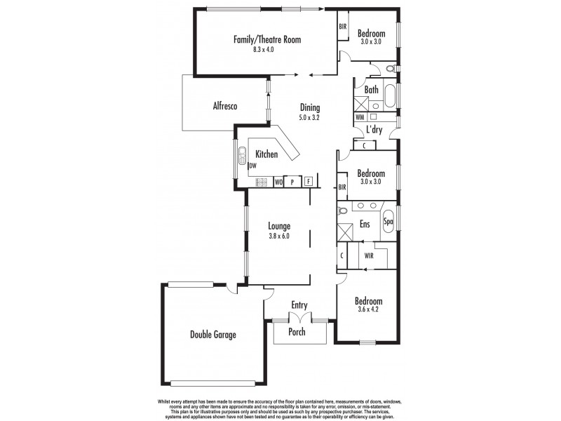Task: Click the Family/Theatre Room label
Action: click(267, 40)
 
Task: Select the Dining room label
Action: click(310, 108)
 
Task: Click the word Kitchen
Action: click(266, 154)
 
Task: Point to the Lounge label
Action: click(279, 226)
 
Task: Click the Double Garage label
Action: click(212, 335)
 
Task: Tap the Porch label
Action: click(297, 332)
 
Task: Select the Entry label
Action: click(299, 305)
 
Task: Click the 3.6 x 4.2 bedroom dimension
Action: click(370, 310)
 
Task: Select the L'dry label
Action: click(374, 130)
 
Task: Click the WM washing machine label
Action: click(360, 118)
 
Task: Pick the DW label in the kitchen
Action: click(252, 166)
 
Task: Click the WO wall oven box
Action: click(278, 182)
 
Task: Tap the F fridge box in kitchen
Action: click(309, 181)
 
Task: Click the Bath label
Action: click(372, 90)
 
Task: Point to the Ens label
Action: click(365, 225)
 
